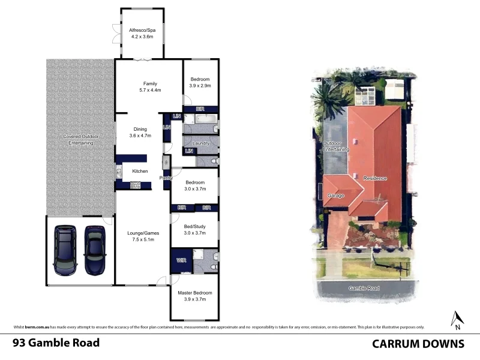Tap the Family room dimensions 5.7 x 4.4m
(149, 90)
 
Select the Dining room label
(140, 129)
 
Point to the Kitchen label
(140, 172)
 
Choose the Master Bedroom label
(194, 293)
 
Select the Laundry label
(200, 143)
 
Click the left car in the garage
(65, 250)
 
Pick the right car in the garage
(94, 250)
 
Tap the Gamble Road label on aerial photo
(364, 289)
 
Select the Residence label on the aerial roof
(375, 178)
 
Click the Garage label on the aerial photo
(336, 196)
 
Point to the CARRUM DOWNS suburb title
(418, 343)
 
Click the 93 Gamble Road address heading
(56, 343)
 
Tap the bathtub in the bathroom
(198, 127)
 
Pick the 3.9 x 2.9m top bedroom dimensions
(200, 86)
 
